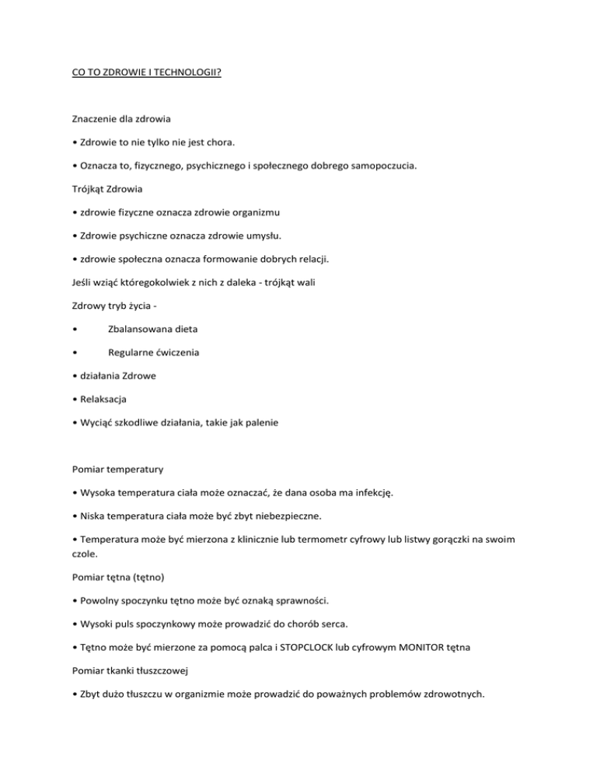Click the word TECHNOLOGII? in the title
tap(182, 78)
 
